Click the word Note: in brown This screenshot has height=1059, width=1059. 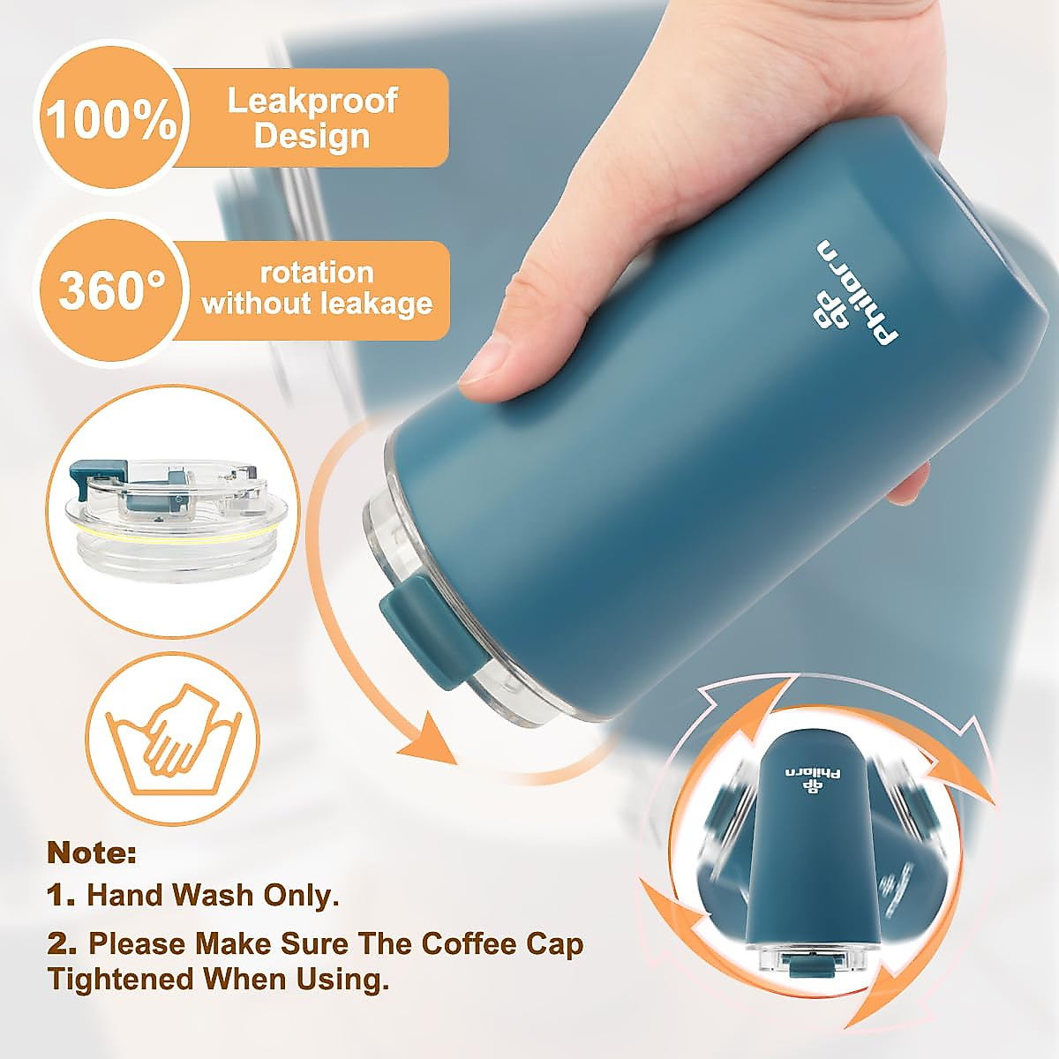click(x=92, y=853)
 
